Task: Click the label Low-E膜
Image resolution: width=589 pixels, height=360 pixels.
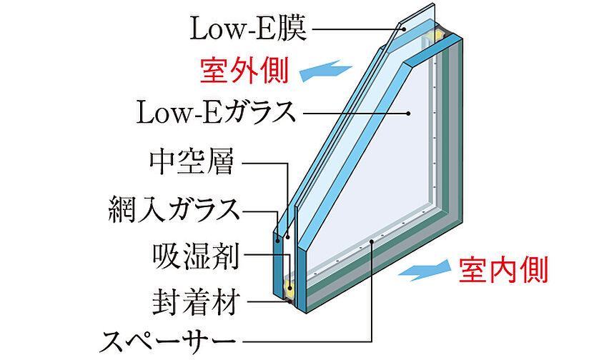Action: coord(249,29)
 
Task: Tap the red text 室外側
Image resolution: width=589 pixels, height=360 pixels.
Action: coord(244,71)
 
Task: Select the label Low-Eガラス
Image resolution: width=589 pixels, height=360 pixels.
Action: coord(217,112)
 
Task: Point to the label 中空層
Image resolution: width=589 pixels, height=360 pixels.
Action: coord(192,162)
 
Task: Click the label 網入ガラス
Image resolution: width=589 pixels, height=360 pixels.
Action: coord(174,209)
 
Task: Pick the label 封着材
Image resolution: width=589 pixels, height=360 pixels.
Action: coord(196,302)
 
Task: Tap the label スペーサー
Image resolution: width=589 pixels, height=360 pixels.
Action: coord(168,341)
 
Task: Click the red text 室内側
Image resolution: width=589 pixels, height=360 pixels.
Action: coord(503,270)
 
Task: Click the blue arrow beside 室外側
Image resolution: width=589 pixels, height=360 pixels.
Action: coord(326,70)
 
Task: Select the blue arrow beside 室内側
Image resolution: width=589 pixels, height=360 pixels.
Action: coord(425,270)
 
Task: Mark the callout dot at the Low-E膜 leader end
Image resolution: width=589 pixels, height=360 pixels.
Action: coord(403,29)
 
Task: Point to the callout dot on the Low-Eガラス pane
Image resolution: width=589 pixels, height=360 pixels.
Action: coord(408,113)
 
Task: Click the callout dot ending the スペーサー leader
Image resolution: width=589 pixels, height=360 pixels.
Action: coord(371,241)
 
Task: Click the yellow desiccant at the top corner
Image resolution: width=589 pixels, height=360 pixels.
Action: coord(436,36)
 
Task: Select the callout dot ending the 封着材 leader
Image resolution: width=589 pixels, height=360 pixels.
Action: coord(289,301)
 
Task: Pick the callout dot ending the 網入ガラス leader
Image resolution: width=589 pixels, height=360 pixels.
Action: coord(278,239)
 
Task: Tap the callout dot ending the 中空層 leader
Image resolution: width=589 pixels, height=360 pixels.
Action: coord(288,237)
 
